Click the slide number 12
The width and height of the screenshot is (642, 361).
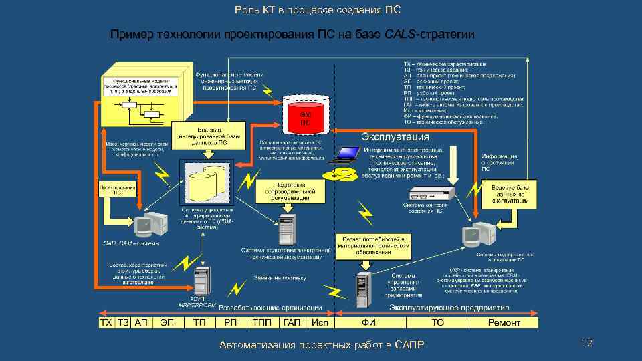pyautogui.click(x=588, y=343)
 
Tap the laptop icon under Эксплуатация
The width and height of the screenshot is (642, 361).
pyautogui.click(x=347, y=155)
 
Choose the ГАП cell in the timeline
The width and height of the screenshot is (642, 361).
pyautogui.click(x=292, y=322)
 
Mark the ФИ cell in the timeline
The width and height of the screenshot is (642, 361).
pyautogui.click(x=368, y=322)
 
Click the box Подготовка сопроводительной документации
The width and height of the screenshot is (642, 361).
pyautogui.click(x=290, y=191)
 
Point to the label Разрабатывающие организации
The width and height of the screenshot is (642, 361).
pyautogui.click(x=270, y=308)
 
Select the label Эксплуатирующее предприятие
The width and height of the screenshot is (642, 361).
pyautogui.click(x=449, y=308)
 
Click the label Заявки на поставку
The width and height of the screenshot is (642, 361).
pyautogui.click(x=280, y=277)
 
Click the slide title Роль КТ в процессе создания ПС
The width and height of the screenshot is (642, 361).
pyautogui.click(x=319, y=10)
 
